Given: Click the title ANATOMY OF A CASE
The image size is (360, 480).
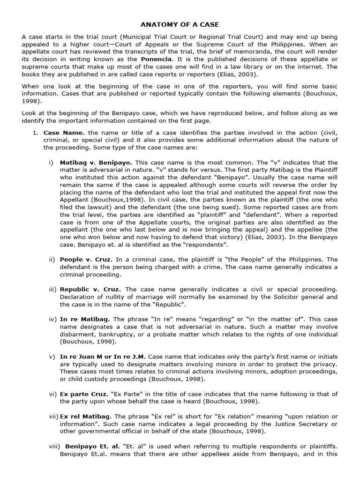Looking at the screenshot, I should (x=180, y=24).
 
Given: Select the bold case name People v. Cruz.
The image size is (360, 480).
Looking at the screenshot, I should (x=86, y=259).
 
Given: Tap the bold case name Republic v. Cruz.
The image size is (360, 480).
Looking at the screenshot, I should (x=90, y=289).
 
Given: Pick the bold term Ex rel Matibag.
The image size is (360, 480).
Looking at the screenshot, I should (x=86, y=416).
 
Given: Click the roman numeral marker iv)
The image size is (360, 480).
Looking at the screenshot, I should (x=52, y=319).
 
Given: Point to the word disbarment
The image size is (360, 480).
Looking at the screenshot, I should (x=78, y=334).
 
